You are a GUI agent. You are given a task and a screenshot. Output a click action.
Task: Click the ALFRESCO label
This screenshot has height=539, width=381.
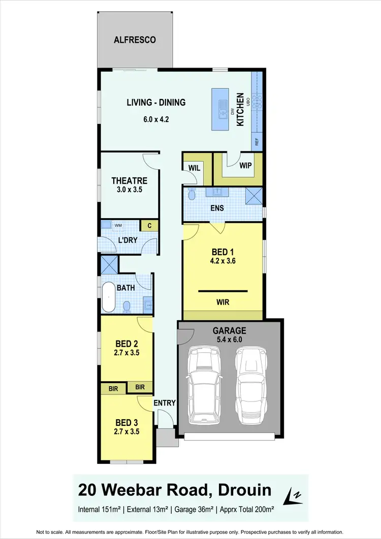pyautogui.click(x=135, y=40)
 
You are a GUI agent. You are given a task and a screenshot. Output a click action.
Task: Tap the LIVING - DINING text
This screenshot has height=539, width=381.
pyautogui.click(x=156, y=103)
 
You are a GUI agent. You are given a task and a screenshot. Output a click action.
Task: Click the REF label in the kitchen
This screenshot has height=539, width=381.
pyautogui.click(x=257, y=142)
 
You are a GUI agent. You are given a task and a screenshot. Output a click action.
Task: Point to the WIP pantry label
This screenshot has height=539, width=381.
pyautogui.click(x=245, y=166)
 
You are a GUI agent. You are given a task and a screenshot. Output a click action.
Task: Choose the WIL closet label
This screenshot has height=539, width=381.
pyautogui.click(x=194, y=167)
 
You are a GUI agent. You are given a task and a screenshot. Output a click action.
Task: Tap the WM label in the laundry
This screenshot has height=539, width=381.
pyautogui.click(x=118, y=225)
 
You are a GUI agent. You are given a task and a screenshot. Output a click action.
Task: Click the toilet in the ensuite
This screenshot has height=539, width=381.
pyautogui.click(x=192, y=194)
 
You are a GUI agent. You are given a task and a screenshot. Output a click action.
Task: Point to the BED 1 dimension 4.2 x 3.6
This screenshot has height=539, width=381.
pyautogui.click(x=223, y=262)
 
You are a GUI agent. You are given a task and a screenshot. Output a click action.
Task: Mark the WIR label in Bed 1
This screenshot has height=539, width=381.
pyautogui.click(x=223, y=302)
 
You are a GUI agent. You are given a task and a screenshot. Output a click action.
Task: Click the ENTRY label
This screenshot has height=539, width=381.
pyautogui.click(x=165, y=403)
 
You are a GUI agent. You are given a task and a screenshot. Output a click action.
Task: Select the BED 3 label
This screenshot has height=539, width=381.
pyautogui.click(x=126, y=422)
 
